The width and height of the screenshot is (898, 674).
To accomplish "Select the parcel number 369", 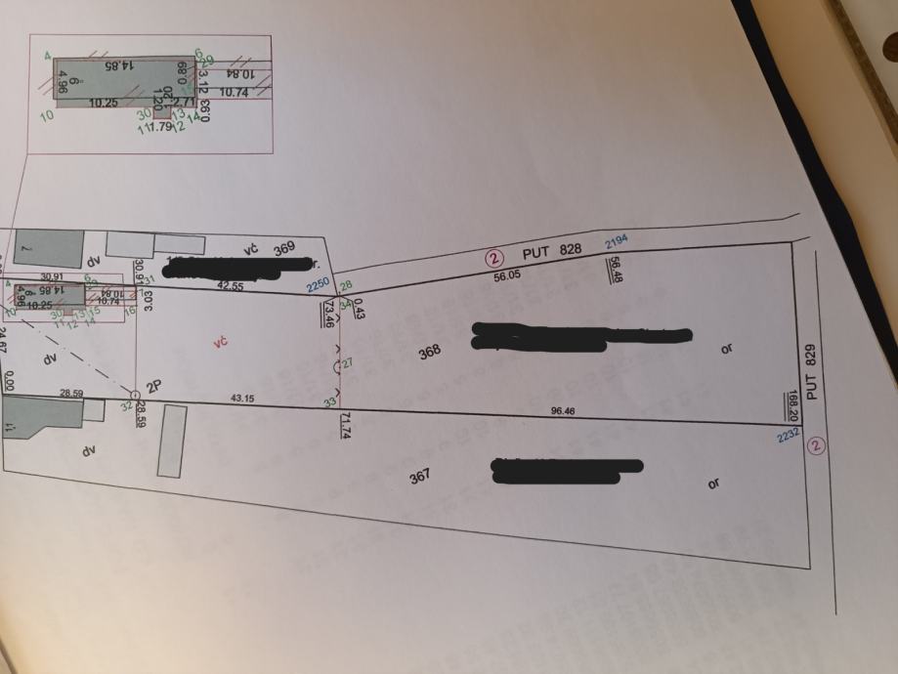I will pos(284,250).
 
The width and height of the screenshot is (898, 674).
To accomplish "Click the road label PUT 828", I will pos(558,251).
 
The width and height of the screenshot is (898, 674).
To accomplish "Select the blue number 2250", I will pos(318,285).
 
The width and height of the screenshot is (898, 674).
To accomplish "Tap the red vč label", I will pos(221,342).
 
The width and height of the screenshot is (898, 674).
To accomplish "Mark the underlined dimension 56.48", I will pos(615,269).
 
